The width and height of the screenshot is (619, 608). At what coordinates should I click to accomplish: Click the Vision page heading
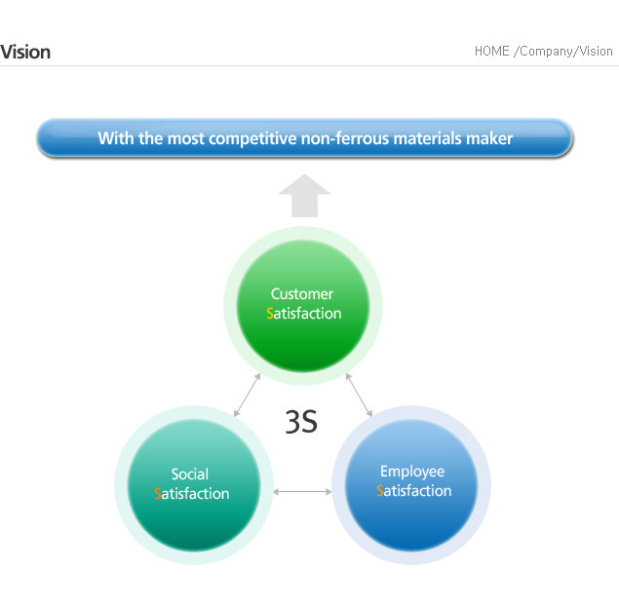pyautogui.click(x=25, y=52)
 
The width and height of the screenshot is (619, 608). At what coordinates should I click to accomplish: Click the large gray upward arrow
pyautogui.click(x=304, y=195)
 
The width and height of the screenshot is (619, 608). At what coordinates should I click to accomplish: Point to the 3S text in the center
pyautogui.click(x=301, y=422)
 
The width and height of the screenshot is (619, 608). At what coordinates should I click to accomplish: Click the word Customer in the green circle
pyautogui.click(x=302, y=294)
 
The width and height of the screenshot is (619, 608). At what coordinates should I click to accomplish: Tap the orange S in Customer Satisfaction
pyautogui.click(x=270, y=314)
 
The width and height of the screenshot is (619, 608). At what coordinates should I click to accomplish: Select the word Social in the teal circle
pyautogui.click(x=189, y=474)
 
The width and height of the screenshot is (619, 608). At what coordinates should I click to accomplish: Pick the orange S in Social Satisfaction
pyautogui.click(x=158, y=494)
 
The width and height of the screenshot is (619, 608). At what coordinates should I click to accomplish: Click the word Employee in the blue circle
pyautogui.click(x=412, y=472)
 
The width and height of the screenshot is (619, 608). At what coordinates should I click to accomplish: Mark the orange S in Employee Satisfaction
pyautogui.click(x=380, y=490)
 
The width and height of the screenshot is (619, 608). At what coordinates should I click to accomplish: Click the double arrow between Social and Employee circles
pyautogui.click(x=302, y=492)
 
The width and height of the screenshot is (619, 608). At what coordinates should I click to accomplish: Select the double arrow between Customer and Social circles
pyautogui.click(x=248, y=395)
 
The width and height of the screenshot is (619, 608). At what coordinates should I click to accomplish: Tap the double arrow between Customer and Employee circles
pyautogui.click(x=359, y=395)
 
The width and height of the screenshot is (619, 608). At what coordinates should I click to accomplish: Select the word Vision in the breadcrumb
pyautogui.click(x=596, y=52)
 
